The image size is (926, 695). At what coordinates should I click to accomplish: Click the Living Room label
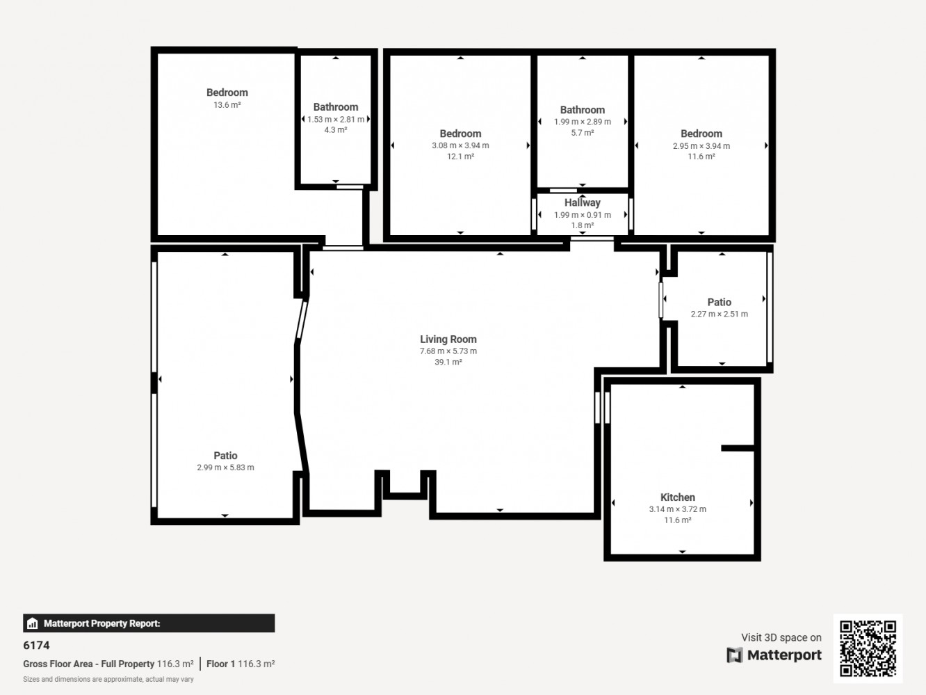tap(448, 339)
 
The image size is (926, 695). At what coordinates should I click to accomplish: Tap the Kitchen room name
tap(678, 497)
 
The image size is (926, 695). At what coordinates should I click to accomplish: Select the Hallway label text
tap(582, 202)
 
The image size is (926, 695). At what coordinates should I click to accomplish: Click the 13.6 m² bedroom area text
tap(227, 104)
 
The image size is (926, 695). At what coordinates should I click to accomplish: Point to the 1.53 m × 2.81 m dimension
tap(335, 120)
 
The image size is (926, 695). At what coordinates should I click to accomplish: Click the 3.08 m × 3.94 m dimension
tap(460, 145)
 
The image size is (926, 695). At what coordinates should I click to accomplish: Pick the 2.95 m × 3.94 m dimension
tap(701, 146)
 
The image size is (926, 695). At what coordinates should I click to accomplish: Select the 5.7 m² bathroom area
tap(582, 133)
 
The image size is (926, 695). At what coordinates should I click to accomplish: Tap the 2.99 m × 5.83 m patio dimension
tap(225, 468)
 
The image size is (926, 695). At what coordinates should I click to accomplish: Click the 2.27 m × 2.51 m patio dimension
tap(720, 314)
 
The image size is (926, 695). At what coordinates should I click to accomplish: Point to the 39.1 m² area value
tap(448, 362)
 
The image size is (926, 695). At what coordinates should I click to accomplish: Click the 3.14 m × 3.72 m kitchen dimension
tap(678, 509)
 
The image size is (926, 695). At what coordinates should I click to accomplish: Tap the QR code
tap(868, 648)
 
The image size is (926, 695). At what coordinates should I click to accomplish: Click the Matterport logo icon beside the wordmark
tap(734, 655)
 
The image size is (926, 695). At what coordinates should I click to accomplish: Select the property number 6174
tap(36, 645)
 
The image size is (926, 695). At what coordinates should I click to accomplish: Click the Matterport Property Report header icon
tap(33, 623)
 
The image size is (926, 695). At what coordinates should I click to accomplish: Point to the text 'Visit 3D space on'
tap(781, 638)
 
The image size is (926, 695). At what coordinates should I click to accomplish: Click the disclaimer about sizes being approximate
tap(108, 680)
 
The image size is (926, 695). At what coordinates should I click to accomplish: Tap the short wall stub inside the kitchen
tap(738, 448)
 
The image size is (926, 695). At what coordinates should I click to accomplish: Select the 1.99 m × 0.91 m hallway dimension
tap(582, 215)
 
